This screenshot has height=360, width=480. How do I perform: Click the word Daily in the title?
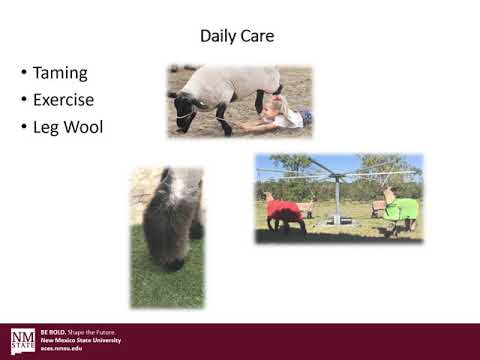coord(219,37)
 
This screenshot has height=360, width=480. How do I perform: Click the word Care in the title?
coord(258,37)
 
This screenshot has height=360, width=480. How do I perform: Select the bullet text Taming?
coord(60,73)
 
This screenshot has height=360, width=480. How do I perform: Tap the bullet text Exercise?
coord(63,100)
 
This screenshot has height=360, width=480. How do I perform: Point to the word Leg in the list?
coord(46,127)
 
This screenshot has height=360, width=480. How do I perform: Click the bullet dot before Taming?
coord(23,74)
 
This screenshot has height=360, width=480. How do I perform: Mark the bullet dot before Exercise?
coord(23,101)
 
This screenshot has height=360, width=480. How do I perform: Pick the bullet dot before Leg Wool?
coord(23,128)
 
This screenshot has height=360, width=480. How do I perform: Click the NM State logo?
coord(22,341)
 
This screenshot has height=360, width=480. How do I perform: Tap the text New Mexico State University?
coord(80,340)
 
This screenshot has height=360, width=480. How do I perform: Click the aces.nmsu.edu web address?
coord(61,348)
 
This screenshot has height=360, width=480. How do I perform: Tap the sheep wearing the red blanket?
coord(284,212)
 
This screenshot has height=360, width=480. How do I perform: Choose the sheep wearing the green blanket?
coord(400,210)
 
